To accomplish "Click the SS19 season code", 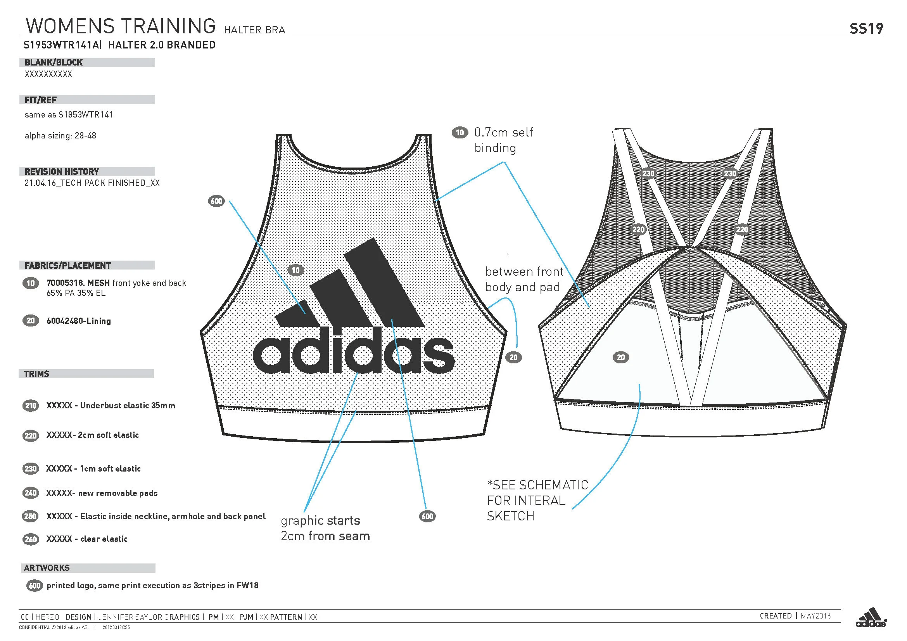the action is coord(866,28).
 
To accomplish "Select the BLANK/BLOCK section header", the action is coord(54,62).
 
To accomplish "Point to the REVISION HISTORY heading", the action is coord(62,172).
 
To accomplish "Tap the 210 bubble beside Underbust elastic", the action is coord(31,406).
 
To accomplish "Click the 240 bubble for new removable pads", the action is coord(31,493).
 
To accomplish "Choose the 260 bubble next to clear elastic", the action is coord(31,539).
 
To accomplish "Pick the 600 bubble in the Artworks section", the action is coord(35,585).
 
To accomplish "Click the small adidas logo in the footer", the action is coord(871,618).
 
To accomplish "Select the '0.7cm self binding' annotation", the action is coord(503,140).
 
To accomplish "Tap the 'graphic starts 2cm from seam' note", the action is coord(325,528).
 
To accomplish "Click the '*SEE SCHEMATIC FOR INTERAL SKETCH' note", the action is coord(537,500).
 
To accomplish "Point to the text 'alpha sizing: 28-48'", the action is coord(60,136).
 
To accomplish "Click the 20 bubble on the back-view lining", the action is coord(620,358).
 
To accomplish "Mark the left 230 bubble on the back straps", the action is coord(648,173).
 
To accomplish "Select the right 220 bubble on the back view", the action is coord(741,230).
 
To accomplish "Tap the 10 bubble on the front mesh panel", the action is coord(295,270).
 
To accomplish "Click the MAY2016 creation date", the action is coord(816,616).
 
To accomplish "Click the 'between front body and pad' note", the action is coord(523,279).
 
